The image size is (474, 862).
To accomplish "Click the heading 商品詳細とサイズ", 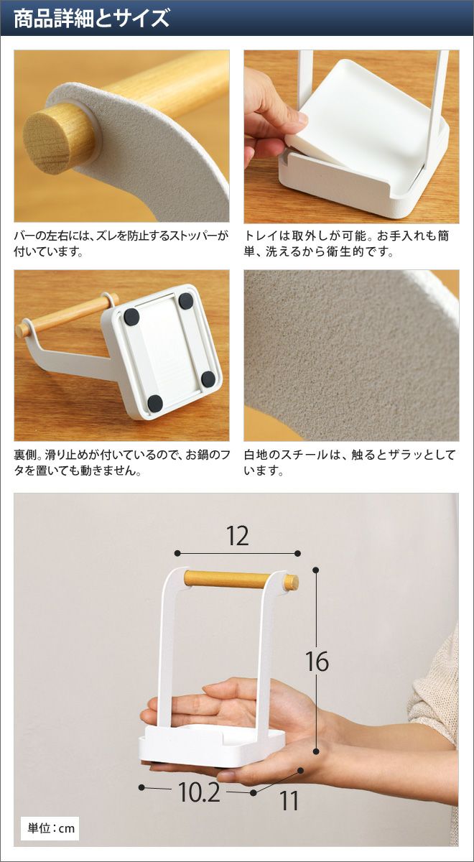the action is click(x=92, y=19).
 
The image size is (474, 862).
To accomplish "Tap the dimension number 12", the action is click(x=238, y=536).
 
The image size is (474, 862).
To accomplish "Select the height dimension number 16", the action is click(x=317, y=662).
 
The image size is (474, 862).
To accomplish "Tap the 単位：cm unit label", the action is click(x=51, y=827).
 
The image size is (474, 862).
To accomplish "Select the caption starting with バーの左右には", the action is click(x=121, y=244).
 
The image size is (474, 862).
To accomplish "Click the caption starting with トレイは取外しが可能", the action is click(x=346, y=244).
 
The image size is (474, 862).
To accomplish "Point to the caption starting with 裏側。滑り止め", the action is click(x=121, y=463).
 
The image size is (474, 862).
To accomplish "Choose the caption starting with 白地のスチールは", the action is click(x=349, y=463).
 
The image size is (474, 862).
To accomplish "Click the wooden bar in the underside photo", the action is click(x=65, y=315).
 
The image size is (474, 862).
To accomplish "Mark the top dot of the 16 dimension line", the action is click(x=316, y=570).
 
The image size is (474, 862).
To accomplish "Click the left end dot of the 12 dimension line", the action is click(x=177, y=553).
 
